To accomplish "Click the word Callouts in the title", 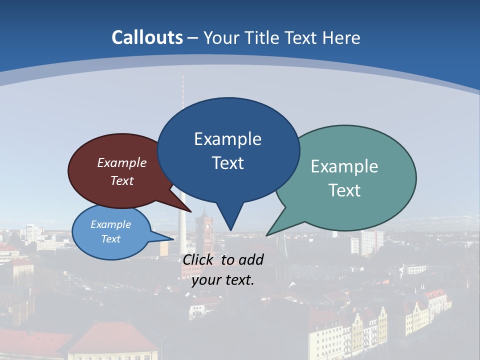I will click(147, 37).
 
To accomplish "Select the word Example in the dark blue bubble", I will click(227, 139).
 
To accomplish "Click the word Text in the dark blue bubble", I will click(227, 163).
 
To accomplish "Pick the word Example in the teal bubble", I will click(344, 166).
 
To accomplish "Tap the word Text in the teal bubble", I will click(344, 190).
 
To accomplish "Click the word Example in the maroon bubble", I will click(122, 163).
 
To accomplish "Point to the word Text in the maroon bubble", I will click(122, 180).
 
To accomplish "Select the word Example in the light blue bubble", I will click(110, 224).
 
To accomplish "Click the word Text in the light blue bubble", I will click(110, 239).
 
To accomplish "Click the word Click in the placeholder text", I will click(199, 259).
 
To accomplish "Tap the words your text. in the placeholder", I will click(222, 280).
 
